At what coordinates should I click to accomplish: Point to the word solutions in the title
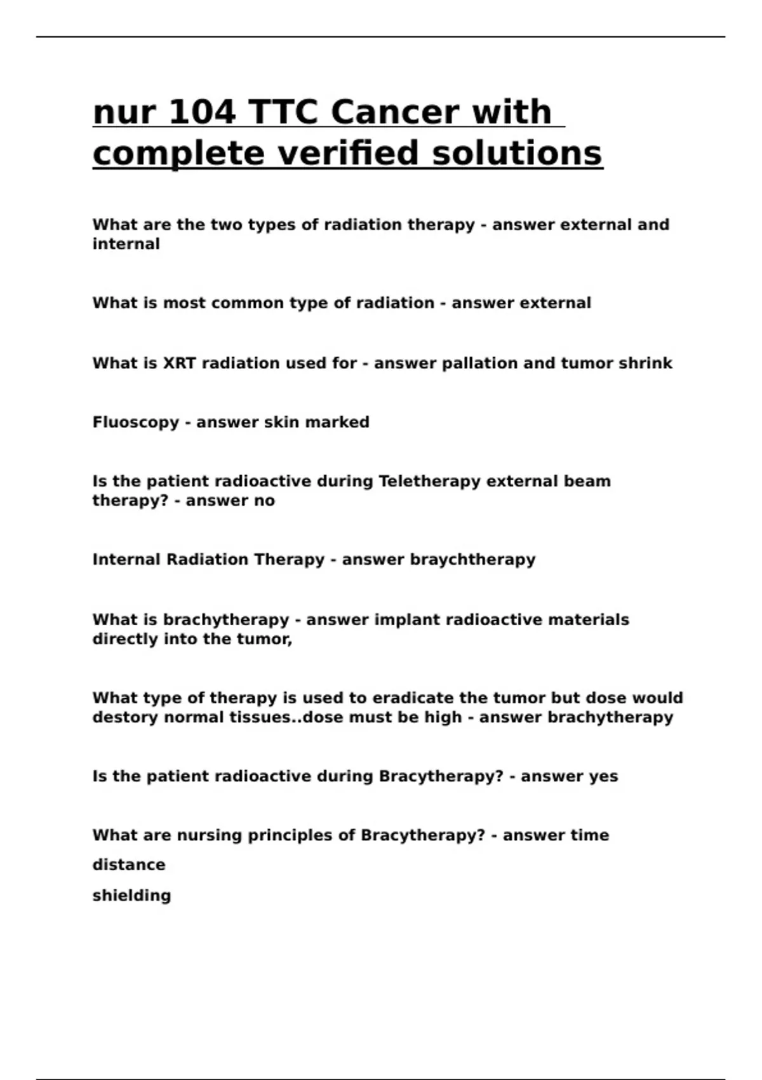click(x=517, y=153)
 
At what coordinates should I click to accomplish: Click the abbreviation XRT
click(x=180, y=363)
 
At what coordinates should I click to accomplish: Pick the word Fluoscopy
click(x=135, y=422)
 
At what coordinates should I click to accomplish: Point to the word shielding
click(x=131, y=896)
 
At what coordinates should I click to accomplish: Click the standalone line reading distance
click(x=128, y=865)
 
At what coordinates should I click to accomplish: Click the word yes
click(x=603, y=776)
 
